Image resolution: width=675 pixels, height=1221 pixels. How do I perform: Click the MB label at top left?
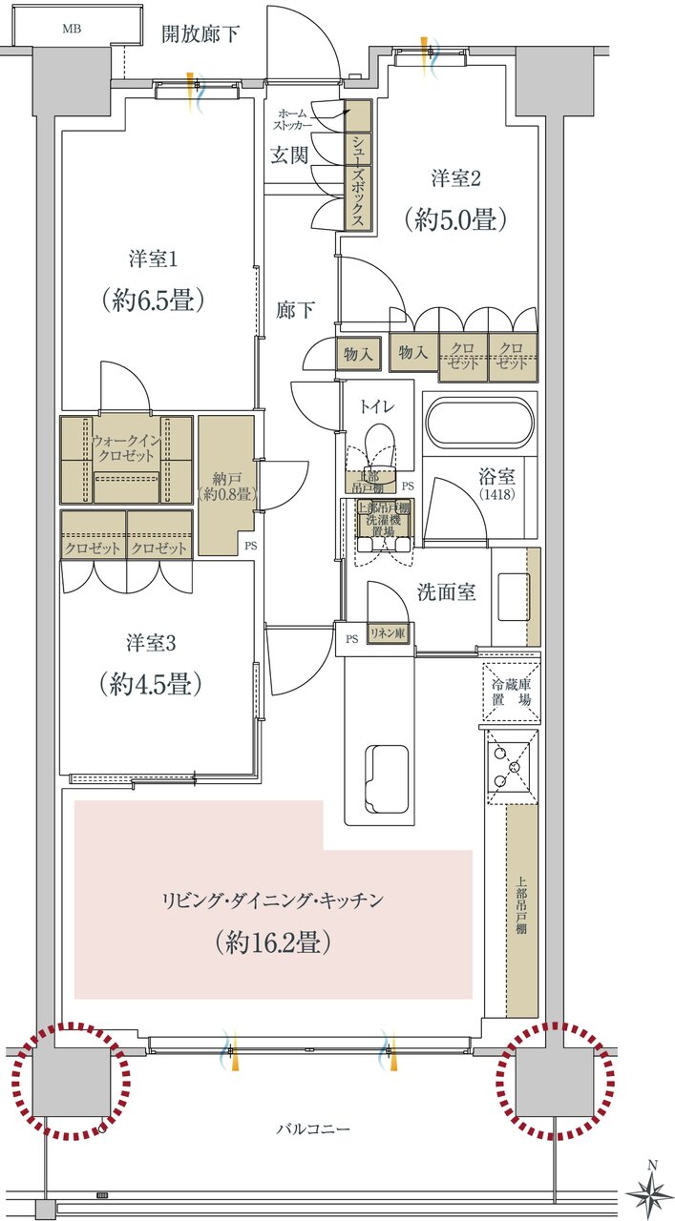(x=73, y=29)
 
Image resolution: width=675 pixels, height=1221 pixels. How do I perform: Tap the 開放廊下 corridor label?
(x=200, y=35)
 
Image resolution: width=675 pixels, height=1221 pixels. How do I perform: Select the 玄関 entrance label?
(x=288, y=155)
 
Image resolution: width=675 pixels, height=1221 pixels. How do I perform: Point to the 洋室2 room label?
(x=454, y=177)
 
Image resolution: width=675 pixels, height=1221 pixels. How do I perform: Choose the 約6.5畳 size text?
(x=155, y=300)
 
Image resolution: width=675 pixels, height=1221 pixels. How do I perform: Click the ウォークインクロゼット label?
(x=125, y=449)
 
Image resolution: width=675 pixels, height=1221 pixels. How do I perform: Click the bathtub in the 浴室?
(x=478, y=423)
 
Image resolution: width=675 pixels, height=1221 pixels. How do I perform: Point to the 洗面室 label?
(x=446, y=592)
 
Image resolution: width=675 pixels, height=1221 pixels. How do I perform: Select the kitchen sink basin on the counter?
(x=389, y=774)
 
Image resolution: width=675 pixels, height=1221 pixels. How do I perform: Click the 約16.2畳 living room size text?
(x=274, y=942)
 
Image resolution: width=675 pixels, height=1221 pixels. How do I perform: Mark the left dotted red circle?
(x=73, y=1082)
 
